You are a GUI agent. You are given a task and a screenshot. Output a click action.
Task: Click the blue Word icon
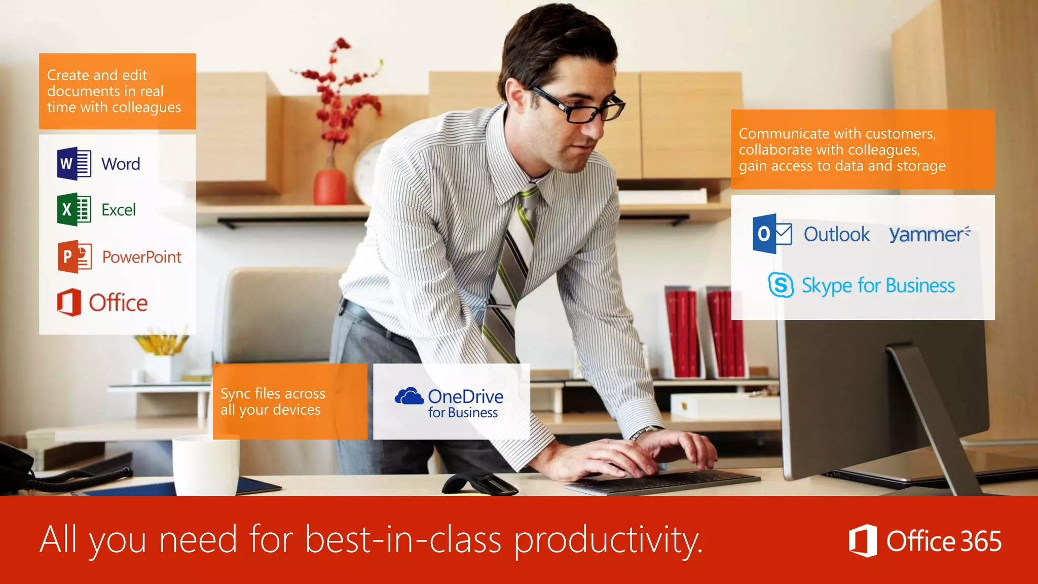pyautogui.click(x=74, y=164)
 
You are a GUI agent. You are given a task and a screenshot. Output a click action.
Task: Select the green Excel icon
pyautogui.click(x=74, y=209)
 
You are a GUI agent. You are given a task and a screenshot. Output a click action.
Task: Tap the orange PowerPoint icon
pyautogui.click(x=75, y=257)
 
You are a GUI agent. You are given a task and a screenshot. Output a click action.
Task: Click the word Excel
pyautogui.click(x=119, y=210)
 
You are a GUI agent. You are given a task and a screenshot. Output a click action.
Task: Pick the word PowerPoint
pyautogui.click(x=142, y=257)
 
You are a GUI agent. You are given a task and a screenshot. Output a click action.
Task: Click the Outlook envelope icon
pyautogui.click(x=772, y=234)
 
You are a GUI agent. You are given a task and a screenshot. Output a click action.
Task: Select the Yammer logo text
pyautogui.click(x=929, y=234)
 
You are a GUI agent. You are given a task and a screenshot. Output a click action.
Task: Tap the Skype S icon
pyautogui.click(x=781, y=285)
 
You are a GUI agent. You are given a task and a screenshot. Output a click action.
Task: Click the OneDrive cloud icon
pyautogui.click(x=409, y=396)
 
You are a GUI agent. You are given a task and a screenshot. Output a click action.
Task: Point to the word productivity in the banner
pyautogui.click(x=608, y=540)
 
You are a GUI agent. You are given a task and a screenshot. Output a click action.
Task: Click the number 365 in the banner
pyautogui.click(x=981, y=541)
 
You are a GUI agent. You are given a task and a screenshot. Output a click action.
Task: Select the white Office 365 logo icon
pyautogui.click(x=863, y=540)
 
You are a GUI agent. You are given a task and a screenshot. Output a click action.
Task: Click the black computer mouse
pyautogui.click(x=479, y=484)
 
